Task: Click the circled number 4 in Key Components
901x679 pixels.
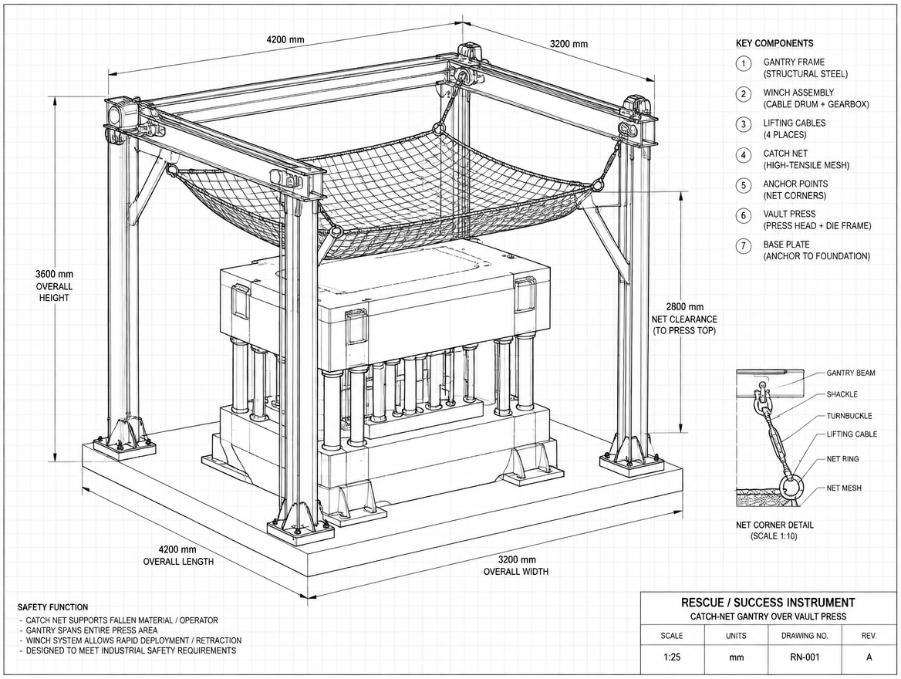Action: [x=744, y=154]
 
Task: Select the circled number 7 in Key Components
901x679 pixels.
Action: [x=744, y=246]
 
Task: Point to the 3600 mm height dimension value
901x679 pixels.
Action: [x=54, y=274]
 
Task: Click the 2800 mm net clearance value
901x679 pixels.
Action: [x=684, y=307]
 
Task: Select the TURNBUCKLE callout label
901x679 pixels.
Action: [x=849, y=416]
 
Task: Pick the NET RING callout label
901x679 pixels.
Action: [x=843, y=459]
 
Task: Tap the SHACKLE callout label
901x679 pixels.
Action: [x=842, y=394]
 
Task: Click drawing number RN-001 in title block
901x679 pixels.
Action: [x=805, y=657]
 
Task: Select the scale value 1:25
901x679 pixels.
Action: [x=671, y=657]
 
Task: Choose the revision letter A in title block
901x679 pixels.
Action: [x=869, y=657]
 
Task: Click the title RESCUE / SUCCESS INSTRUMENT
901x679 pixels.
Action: [x=768, y=603]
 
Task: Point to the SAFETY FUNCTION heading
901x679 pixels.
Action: [x=53, y=607]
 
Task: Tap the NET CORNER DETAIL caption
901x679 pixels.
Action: [x=774, y=525]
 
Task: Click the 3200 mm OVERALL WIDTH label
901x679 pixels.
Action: [x=516, y=566]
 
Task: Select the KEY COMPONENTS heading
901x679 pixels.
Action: [x=774, y=43]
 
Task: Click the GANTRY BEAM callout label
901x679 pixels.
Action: [x=851, y=373]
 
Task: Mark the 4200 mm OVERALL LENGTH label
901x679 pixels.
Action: [x=178, y=556]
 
